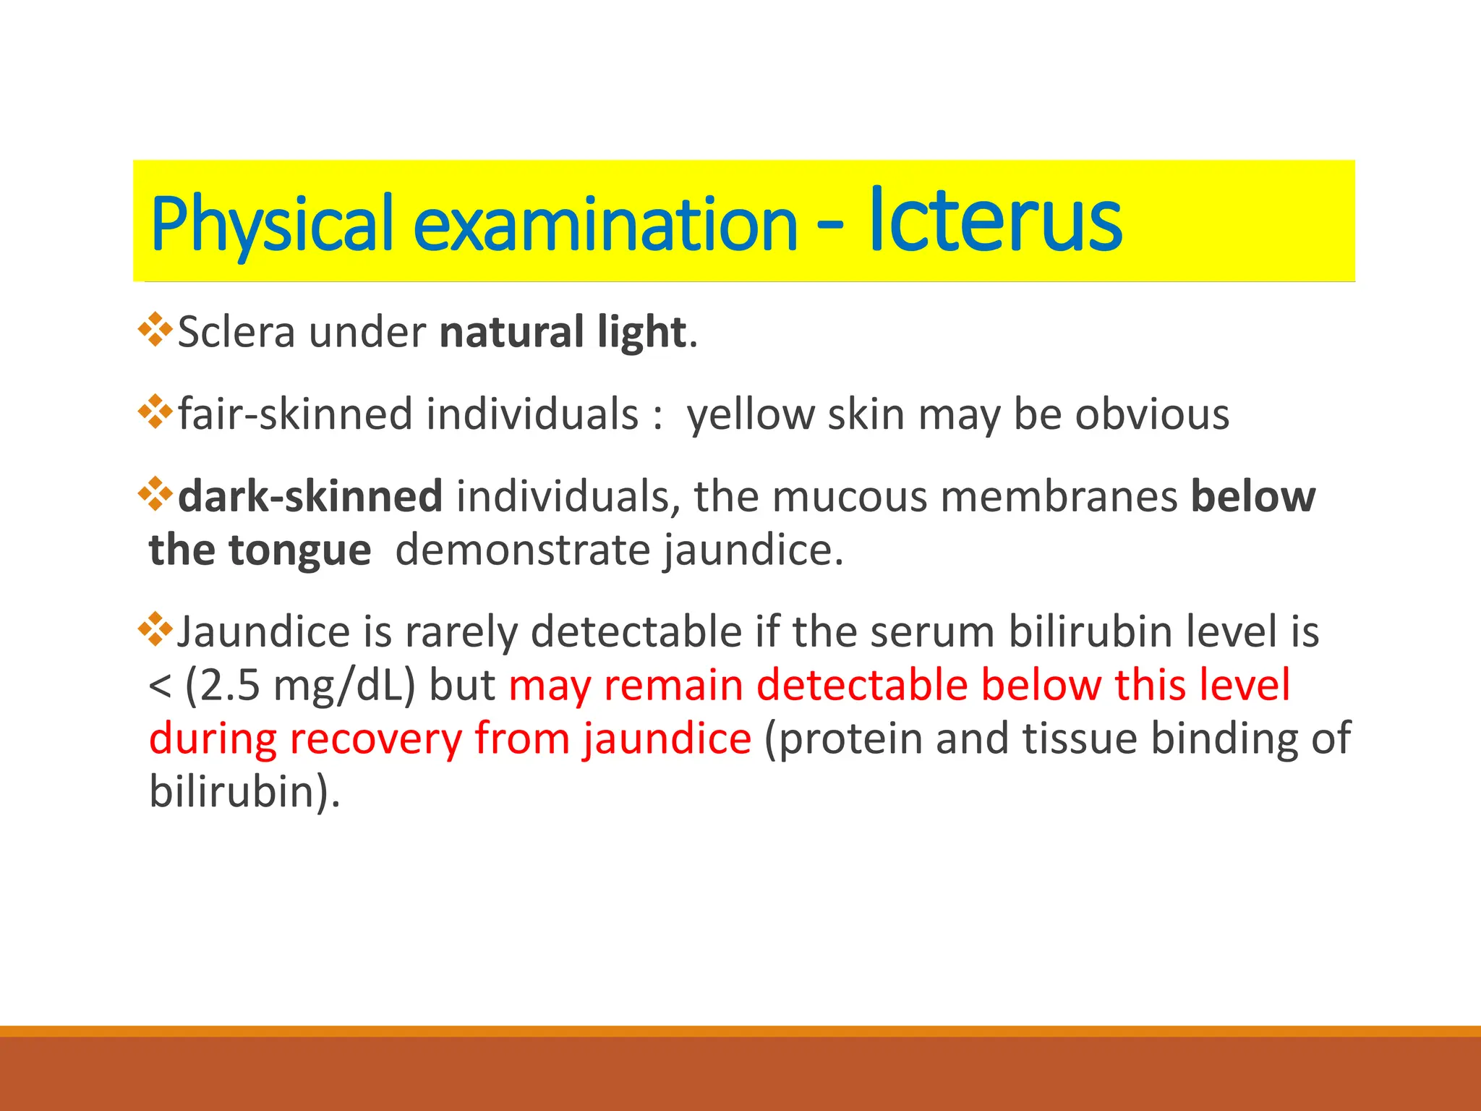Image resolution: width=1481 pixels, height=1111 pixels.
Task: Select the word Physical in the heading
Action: click(x=272, y=224)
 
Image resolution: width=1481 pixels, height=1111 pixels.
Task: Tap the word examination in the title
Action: click(x=605, y=224)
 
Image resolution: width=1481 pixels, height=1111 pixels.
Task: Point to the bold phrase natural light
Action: click(x=563, y=333)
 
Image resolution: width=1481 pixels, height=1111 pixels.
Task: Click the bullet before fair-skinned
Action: click(x=155, y=413)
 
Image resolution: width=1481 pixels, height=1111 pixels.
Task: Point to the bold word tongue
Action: click(x=299, y=550)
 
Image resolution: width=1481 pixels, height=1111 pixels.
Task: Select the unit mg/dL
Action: click(x=337, y=686)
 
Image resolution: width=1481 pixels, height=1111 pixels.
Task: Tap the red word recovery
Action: click(x=375, y=739)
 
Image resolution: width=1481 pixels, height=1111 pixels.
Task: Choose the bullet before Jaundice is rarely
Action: click(x=155, y=630)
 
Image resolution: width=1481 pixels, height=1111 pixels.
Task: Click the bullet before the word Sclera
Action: click(x=155, y=330)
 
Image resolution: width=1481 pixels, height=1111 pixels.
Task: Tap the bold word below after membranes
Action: click(x=1253, y=497)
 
